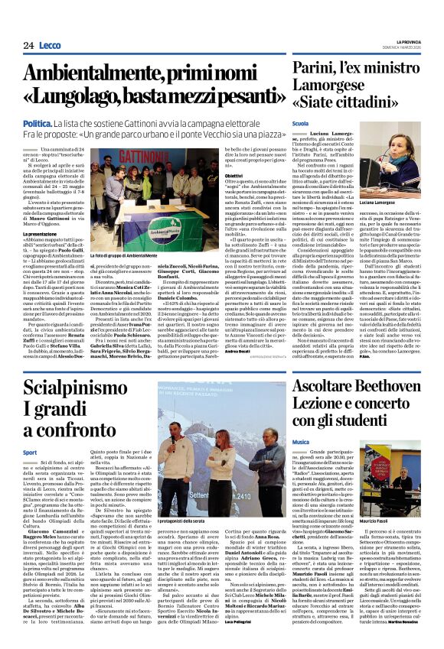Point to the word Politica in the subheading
coord(37,123)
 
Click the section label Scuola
coord(299,123)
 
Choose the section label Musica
coord(300,442)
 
